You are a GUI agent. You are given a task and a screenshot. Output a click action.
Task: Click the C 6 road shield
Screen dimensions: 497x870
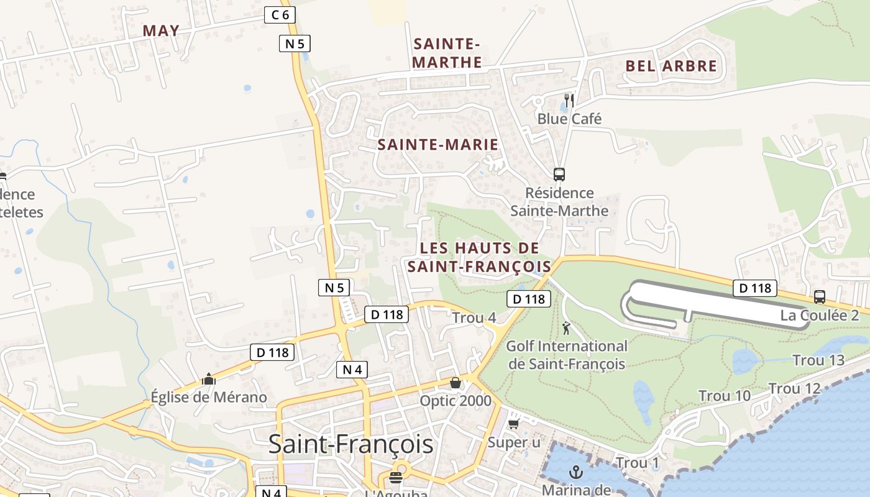click(280, 15)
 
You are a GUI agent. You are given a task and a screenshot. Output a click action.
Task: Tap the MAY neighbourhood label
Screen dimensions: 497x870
click(161, 30)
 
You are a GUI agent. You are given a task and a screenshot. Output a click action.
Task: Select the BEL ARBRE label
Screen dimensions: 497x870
click(671, 66)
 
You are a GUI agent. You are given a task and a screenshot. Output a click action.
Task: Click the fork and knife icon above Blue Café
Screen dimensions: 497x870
click(569, 100)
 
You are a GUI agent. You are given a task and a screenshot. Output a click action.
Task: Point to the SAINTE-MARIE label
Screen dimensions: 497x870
click(438, 145)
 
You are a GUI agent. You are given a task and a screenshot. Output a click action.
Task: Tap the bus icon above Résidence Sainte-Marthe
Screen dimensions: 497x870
click(559, 175)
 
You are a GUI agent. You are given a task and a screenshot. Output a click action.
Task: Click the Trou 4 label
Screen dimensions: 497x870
click(474, 317)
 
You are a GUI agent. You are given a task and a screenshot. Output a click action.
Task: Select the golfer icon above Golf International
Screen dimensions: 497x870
click(566, 328)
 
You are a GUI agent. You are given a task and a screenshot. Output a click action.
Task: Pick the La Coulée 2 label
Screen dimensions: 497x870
click(820, 315)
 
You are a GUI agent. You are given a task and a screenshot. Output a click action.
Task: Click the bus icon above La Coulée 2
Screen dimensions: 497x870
click(820, 297)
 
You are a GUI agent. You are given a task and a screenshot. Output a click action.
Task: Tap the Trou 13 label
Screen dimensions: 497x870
click(818, 360)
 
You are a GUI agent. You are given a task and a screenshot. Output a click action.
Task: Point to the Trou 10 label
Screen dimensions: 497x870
click(725, 396)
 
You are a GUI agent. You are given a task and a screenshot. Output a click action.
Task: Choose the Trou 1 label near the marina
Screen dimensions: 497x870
click(637, 463)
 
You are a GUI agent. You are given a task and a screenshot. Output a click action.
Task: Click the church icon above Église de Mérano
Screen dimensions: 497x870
click(209, 379)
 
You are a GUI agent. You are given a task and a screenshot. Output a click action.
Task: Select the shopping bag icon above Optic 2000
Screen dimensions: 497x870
click(456, 383)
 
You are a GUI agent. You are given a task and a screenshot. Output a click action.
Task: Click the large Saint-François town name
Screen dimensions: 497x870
click(350, 444)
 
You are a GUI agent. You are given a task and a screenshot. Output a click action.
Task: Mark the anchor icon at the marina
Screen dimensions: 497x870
click(576, 472)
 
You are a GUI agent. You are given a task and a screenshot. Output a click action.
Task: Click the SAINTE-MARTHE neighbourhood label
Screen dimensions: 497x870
click(447, 53)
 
